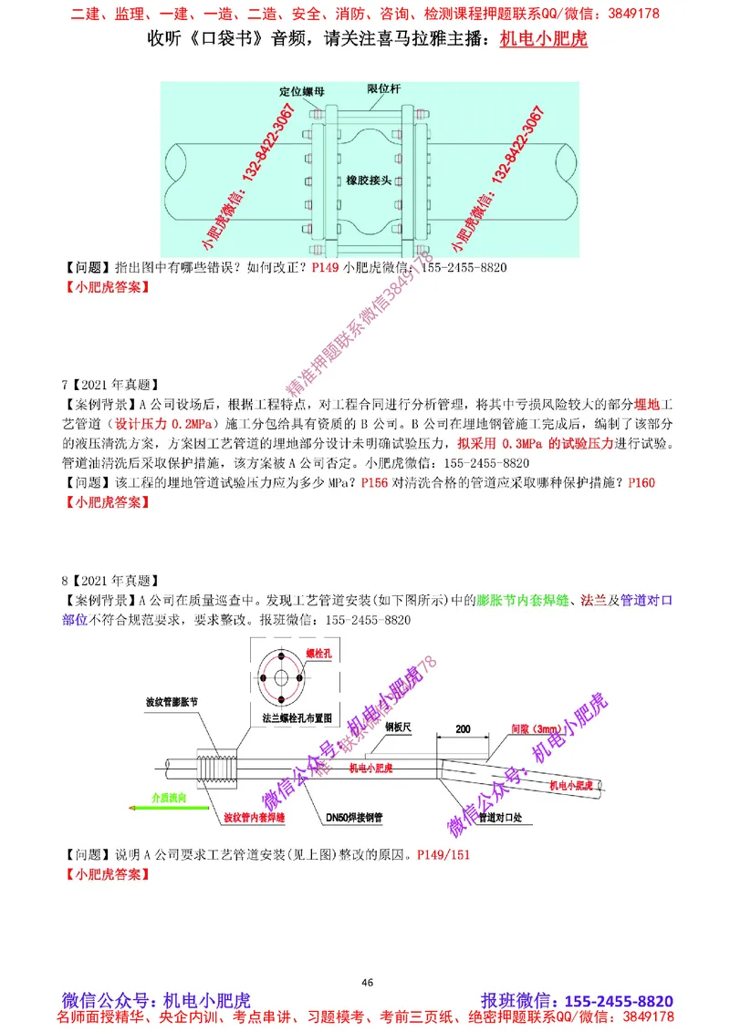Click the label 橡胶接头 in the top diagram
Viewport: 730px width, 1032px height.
[370, 181]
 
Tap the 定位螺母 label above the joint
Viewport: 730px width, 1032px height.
[301, 91]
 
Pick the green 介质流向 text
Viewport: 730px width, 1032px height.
[169, 796]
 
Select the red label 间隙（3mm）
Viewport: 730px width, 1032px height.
[533, 730]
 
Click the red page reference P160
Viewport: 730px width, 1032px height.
[642, 482]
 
